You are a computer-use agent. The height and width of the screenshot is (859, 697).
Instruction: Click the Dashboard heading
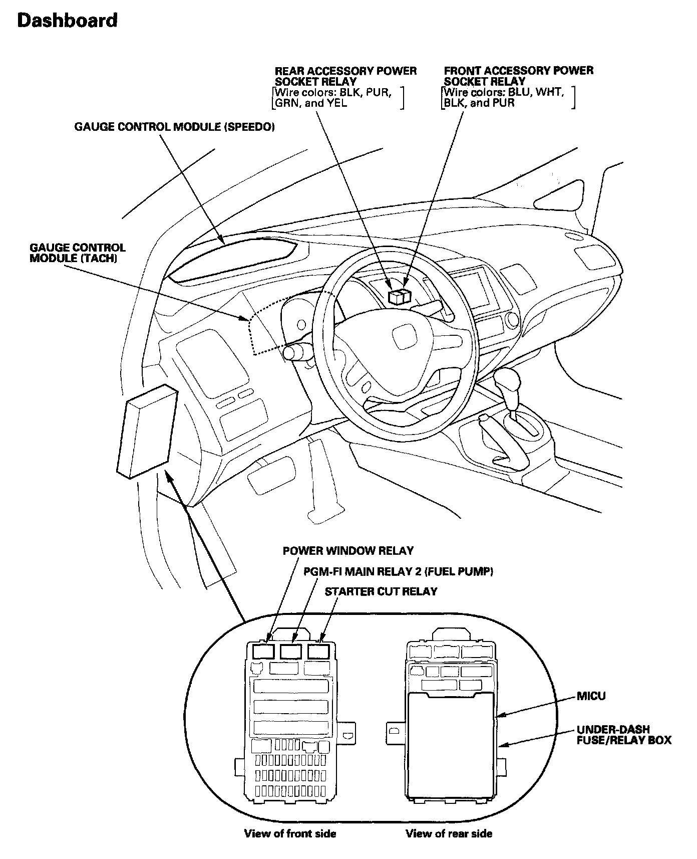[67, 21]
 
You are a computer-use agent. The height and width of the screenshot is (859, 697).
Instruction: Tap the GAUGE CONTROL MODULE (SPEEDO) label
[174, 127]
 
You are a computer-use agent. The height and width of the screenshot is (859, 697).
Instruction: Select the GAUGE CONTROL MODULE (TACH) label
[78, 253]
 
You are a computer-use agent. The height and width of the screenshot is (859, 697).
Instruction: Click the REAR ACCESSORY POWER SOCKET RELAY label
[345, 76]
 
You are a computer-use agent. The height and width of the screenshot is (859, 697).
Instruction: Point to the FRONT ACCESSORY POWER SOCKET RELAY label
[518, 76]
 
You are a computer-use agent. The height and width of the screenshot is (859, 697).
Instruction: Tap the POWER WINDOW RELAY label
[348, 551]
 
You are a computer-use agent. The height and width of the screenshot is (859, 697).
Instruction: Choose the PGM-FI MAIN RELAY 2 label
[398, 571]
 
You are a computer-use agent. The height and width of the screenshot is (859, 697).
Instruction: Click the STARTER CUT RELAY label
[381, 591]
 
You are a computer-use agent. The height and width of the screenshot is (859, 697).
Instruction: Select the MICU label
[591, 696]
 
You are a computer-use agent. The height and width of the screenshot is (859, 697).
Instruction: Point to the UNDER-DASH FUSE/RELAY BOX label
[623, 735]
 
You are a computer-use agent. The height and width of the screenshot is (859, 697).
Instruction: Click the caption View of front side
[290, 833]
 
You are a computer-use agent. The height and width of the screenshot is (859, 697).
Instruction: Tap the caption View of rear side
[449, 833]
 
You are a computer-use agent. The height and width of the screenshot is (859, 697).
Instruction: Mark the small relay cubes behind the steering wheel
[400, 296]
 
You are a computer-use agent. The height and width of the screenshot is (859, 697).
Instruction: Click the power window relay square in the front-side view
[263, 651]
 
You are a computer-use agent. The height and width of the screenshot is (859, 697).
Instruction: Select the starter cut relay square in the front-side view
[317, 651]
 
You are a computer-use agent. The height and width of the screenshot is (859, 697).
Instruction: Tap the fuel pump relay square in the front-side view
[290, 651]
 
